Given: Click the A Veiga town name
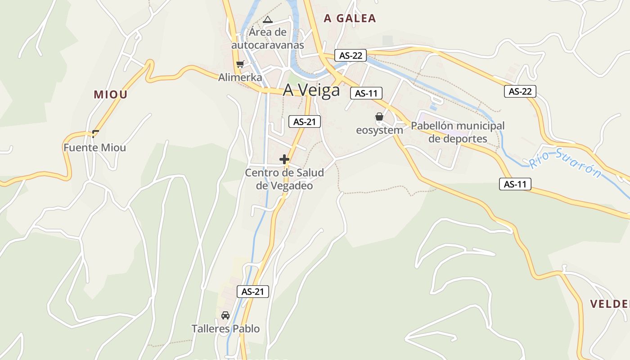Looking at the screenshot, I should coord(311,90).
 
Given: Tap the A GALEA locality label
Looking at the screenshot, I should coord(350,18).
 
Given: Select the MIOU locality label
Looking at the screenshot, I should coord(111,94).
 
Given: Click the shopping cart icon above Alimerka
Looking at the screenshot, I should coord(240,64).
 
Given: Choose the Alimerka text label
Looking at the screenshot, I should coord(240,77).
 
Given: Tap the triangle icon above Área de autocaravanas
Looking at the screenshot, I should coord(268,20).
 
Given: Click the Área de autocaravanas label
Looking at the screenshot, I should coord(268,39).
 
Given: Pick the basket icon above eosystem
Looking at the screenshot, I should coord(379,117).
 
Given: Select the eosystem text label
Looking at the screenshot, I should coord(379,130).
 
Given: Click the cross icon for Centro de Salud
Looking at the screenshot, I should coord(284,159).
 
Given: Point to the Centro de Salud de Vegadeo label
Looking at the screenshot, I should coord(284,179).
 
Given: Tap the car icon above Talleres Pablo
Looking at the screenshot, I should coord(225,315).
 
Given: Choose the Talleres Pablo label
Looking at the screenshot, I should coord(225,329).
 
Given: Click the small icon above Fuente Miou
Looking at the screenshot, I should coord(95,133).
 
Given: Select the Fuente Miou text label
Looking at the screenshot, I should coord(94,148).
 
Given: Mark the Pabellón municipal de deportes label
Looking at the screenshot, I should coord(458,132).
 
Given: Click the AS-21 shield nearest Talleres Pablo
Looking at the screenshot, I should coord(252,292).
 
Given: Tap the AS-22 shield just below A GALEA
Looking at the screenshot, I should coord(351,56).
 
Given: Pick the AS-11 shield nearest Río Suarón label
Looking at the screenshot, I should coord(515,184).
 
